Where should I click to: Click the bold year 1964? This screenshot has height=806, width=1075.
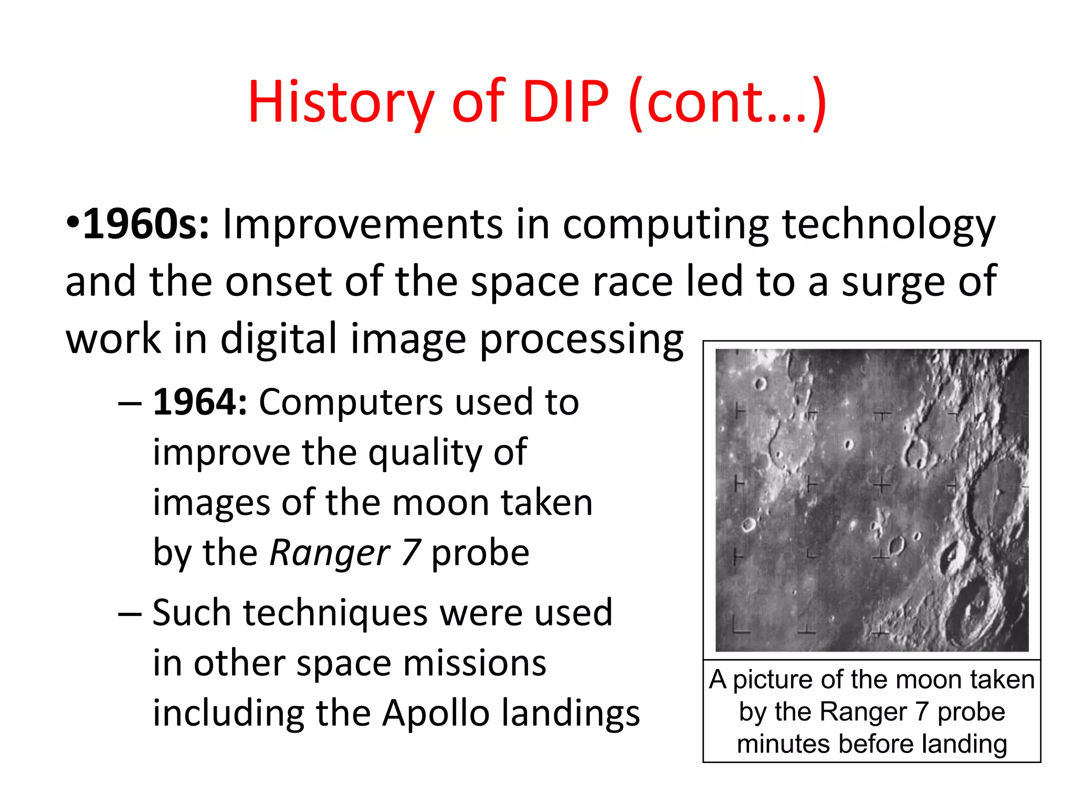200,402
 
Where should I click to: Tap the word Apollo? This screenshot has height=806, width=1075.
436,714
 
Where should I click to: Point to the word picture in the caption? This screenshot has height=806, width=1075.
774,680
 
